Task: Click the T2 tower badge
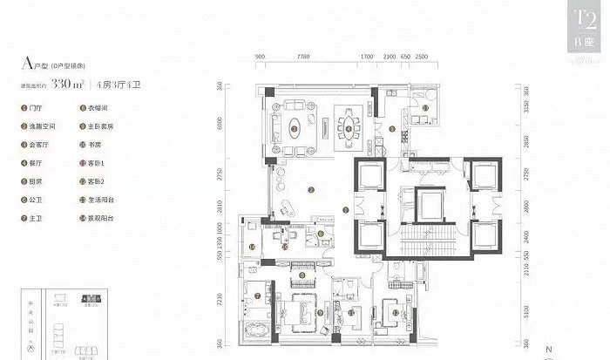(576, 26)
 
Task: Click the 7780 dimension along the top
(303, 56)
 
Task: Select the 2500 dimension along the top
(422, 56)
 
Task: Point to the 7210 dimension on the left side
(232, 301)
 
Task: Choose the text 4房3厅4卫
(122, 85)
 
